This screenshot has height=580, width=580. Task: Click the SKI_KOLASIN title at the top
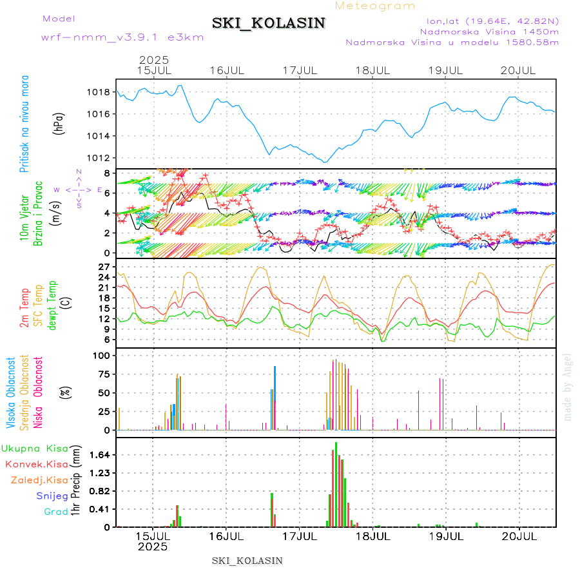point(269,23)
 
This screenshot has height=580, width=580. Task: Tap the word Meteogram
point(375,6)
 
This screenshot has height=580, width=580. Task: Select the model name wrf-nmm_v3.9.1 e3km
point(122,37)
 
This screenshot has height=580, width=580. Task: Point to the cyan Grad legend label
point(55,512)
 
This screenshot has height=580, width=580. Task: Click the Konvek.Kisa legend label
point(37,464)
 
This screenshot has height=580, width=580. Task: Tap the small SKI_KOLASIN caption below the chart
point(247,560)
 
